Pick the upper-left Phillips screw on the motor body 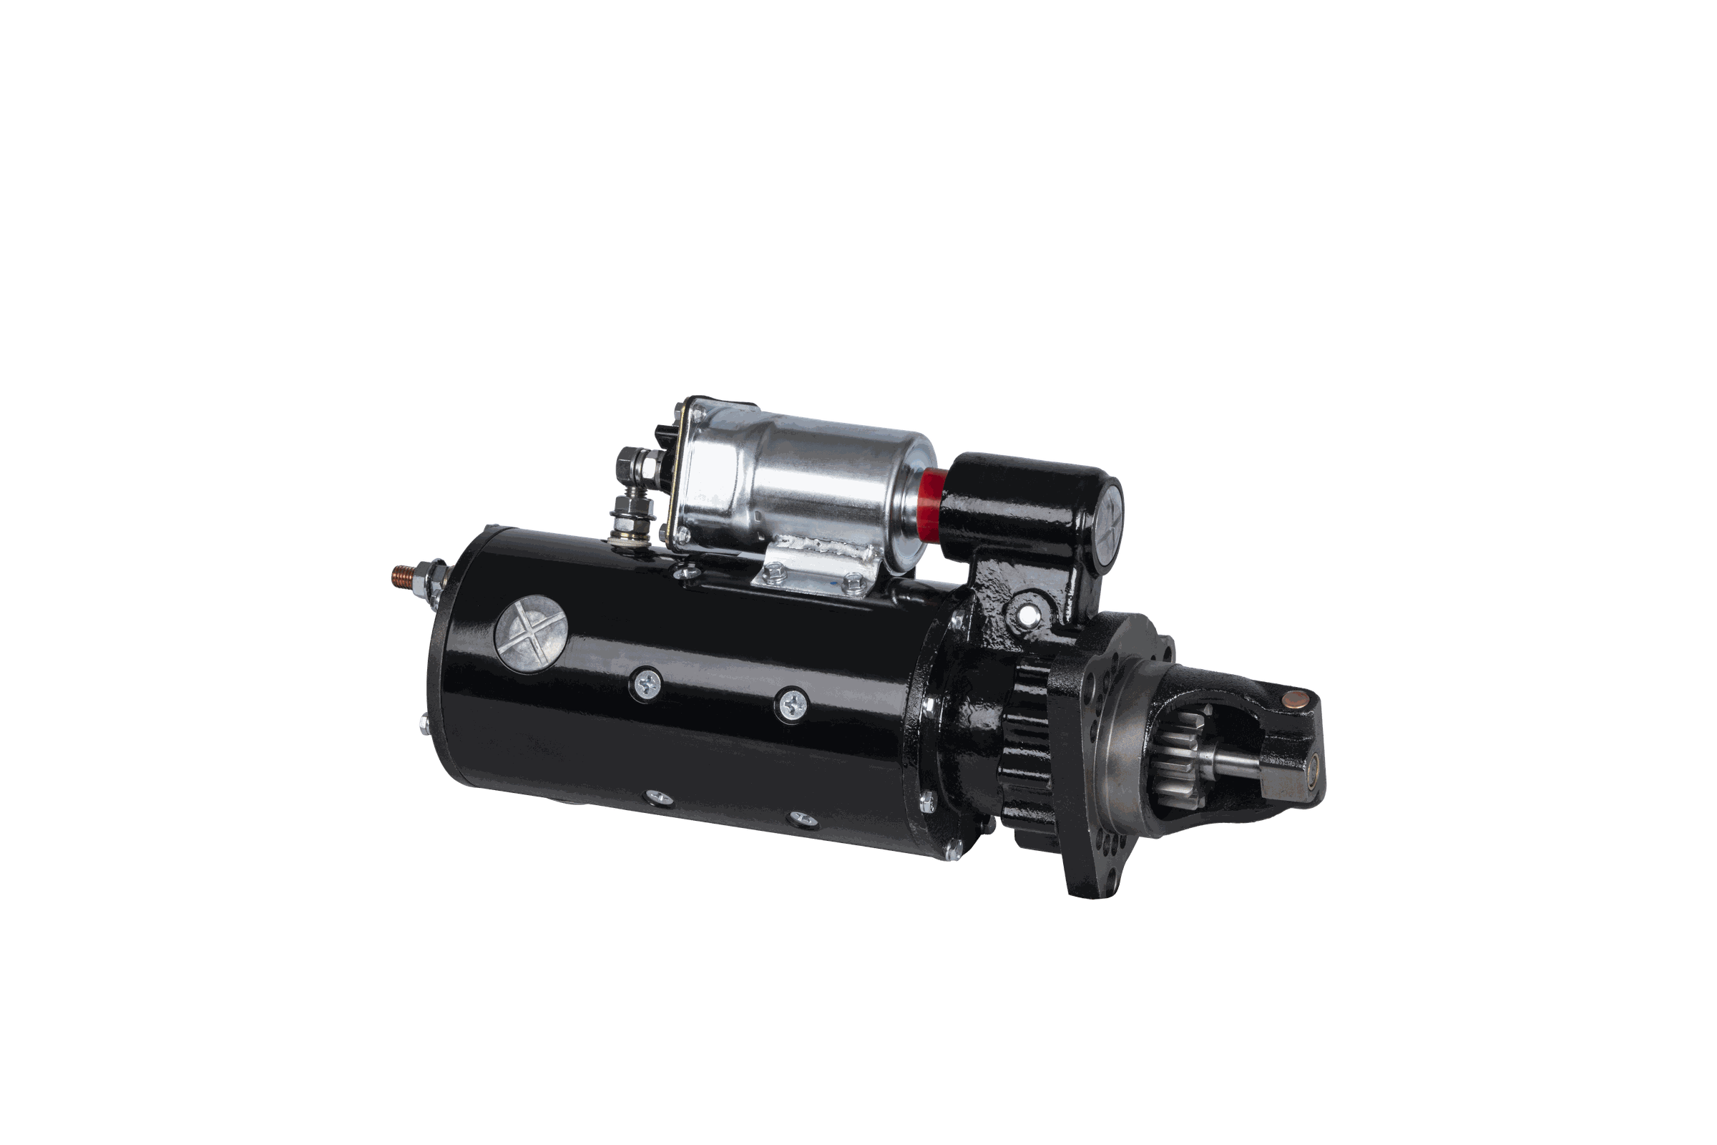646,684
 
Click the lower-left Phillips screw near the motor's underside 655,796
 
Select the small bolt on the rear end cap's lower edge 424,723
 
